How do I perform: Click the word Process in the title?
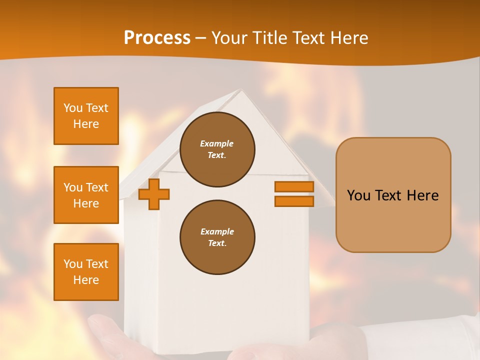[157, 38]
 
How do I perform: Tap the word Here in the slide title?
[348, 38]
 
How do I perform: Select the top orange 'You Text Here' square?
[86, 116]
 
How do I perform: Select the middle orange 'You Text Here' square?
[86, 195]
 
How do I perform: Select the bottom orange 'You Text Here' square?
[86, 271]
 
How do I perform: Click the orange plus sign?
[154, 194]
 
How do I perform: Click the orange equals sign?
[294, 194]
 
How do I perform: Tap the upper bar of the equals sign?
[294, 186]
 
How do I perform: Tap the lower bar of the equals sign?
[294, 201]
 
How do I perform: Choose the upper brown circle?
[217, 149]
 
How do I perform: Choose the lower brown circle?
[217, 237]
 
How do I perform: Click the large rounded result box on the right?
[393, 195]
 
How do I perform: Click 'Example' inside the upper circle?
[217, 143]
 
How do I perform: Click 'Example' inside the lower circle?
[217, 231]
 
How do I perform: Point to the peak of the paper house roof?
[242, 90]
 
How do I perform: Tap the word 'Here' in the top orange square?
[86, 124]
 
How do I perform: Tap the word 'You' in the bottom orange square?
[72, 264]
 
